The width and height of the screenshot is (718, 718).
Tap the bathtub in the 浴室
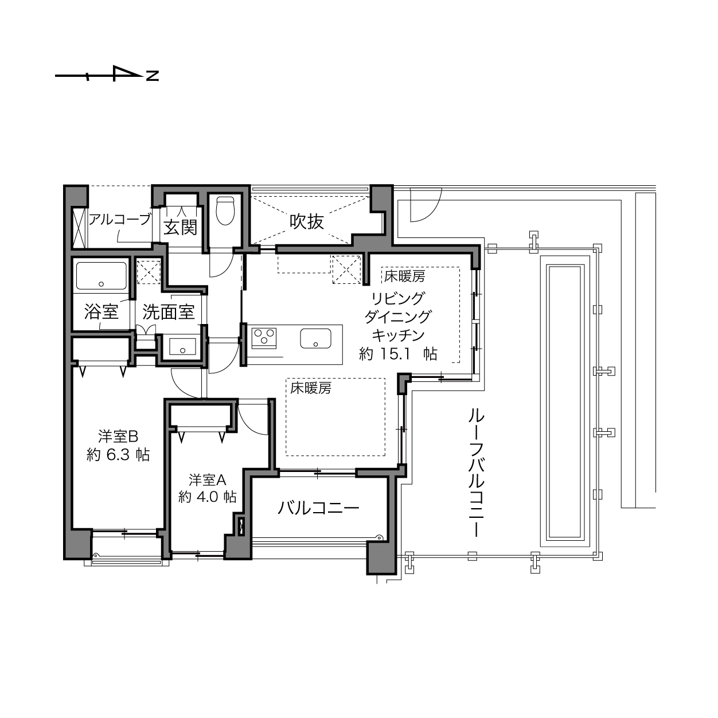coord(102,276)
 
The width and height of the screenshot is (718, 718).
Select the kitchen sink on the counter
coord(315,338)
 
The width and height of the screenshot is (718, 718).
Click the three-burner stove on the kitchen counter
coord(264,338)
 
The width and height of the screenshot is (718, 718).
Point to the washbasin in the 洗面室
coord(182,346)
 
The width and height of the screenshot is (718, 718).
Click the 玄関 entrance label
coord(181,227)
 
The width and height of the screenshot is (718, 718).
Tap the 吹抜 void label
coord(307,222)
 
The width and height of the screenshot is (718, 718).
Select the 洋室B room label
coord(118,436)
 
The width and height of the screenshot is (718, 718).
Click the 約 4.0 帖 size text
coord(207,497)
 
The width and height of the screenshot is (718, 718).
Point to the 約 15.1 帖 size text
coord(398,354)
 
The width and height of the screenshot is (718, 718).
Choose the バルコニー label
coord(318,508)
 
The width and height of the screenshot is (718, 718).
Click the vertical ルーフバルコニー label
coord(476,473)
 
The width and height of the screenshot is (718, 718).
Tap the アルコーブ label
coord(120,219)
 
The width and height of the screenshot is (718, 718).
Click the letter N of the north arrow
coord(152,76)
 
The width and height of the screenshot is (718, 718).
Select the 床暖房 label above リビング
coord(405,276)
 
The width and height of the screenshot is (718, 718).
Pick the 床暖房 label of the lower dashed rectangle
coord(311,388)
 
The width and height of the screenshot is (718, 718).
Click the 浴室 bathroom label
coord(101,311)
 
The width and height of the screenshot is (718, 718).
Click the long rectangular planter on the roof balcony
coord(565,403)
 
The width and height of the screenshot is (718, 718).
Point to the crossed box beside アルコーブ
coord(79,228)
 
